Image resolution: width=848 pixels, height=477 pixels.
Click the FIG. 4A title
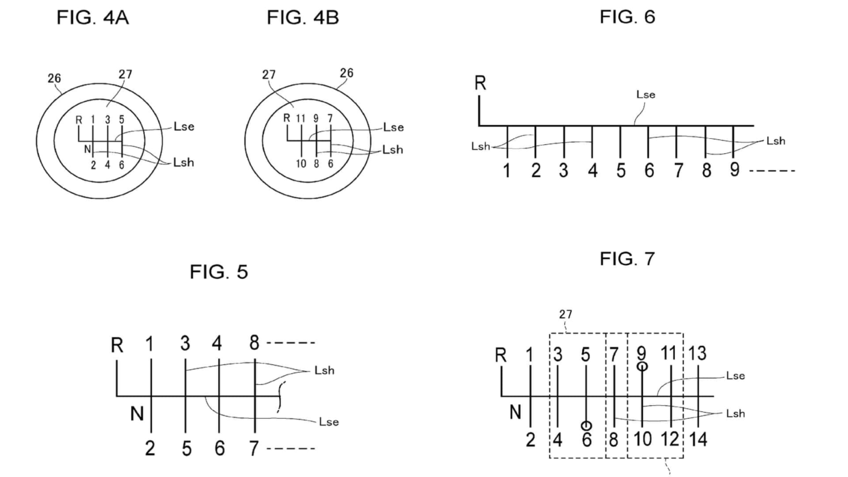(92, 18)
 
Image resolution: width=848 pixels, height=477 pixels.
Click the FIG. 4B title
(303, 18)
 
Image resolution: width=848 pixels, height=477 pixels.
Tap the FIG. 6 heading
(627, 17)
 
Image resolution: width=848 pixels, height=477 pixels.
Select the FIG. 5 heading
(219, 272)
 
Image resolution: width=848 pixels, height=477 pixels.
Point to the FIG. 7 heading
(627, 258)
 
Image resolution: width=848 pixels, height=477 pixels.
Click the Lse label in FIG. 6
(646, 95)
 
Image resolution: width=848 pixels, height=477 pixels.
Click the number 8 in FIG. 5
(254, 343)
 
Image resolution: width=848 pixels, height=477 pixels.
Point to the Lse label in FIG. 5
(328, 422)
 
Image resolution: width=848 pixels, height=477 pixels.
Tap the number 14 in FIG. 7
(698, 439)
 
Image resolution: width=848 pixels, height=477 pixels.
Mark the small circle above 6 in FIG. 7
(586, 425)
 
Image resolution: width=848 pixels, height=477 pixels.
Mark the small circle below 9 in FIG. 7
(642, 366)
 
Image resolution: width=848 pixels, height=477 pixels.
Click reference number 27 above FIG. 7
(566, 314)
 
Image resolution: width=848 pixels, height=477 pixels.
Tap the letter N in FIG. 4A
(87, 148)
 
